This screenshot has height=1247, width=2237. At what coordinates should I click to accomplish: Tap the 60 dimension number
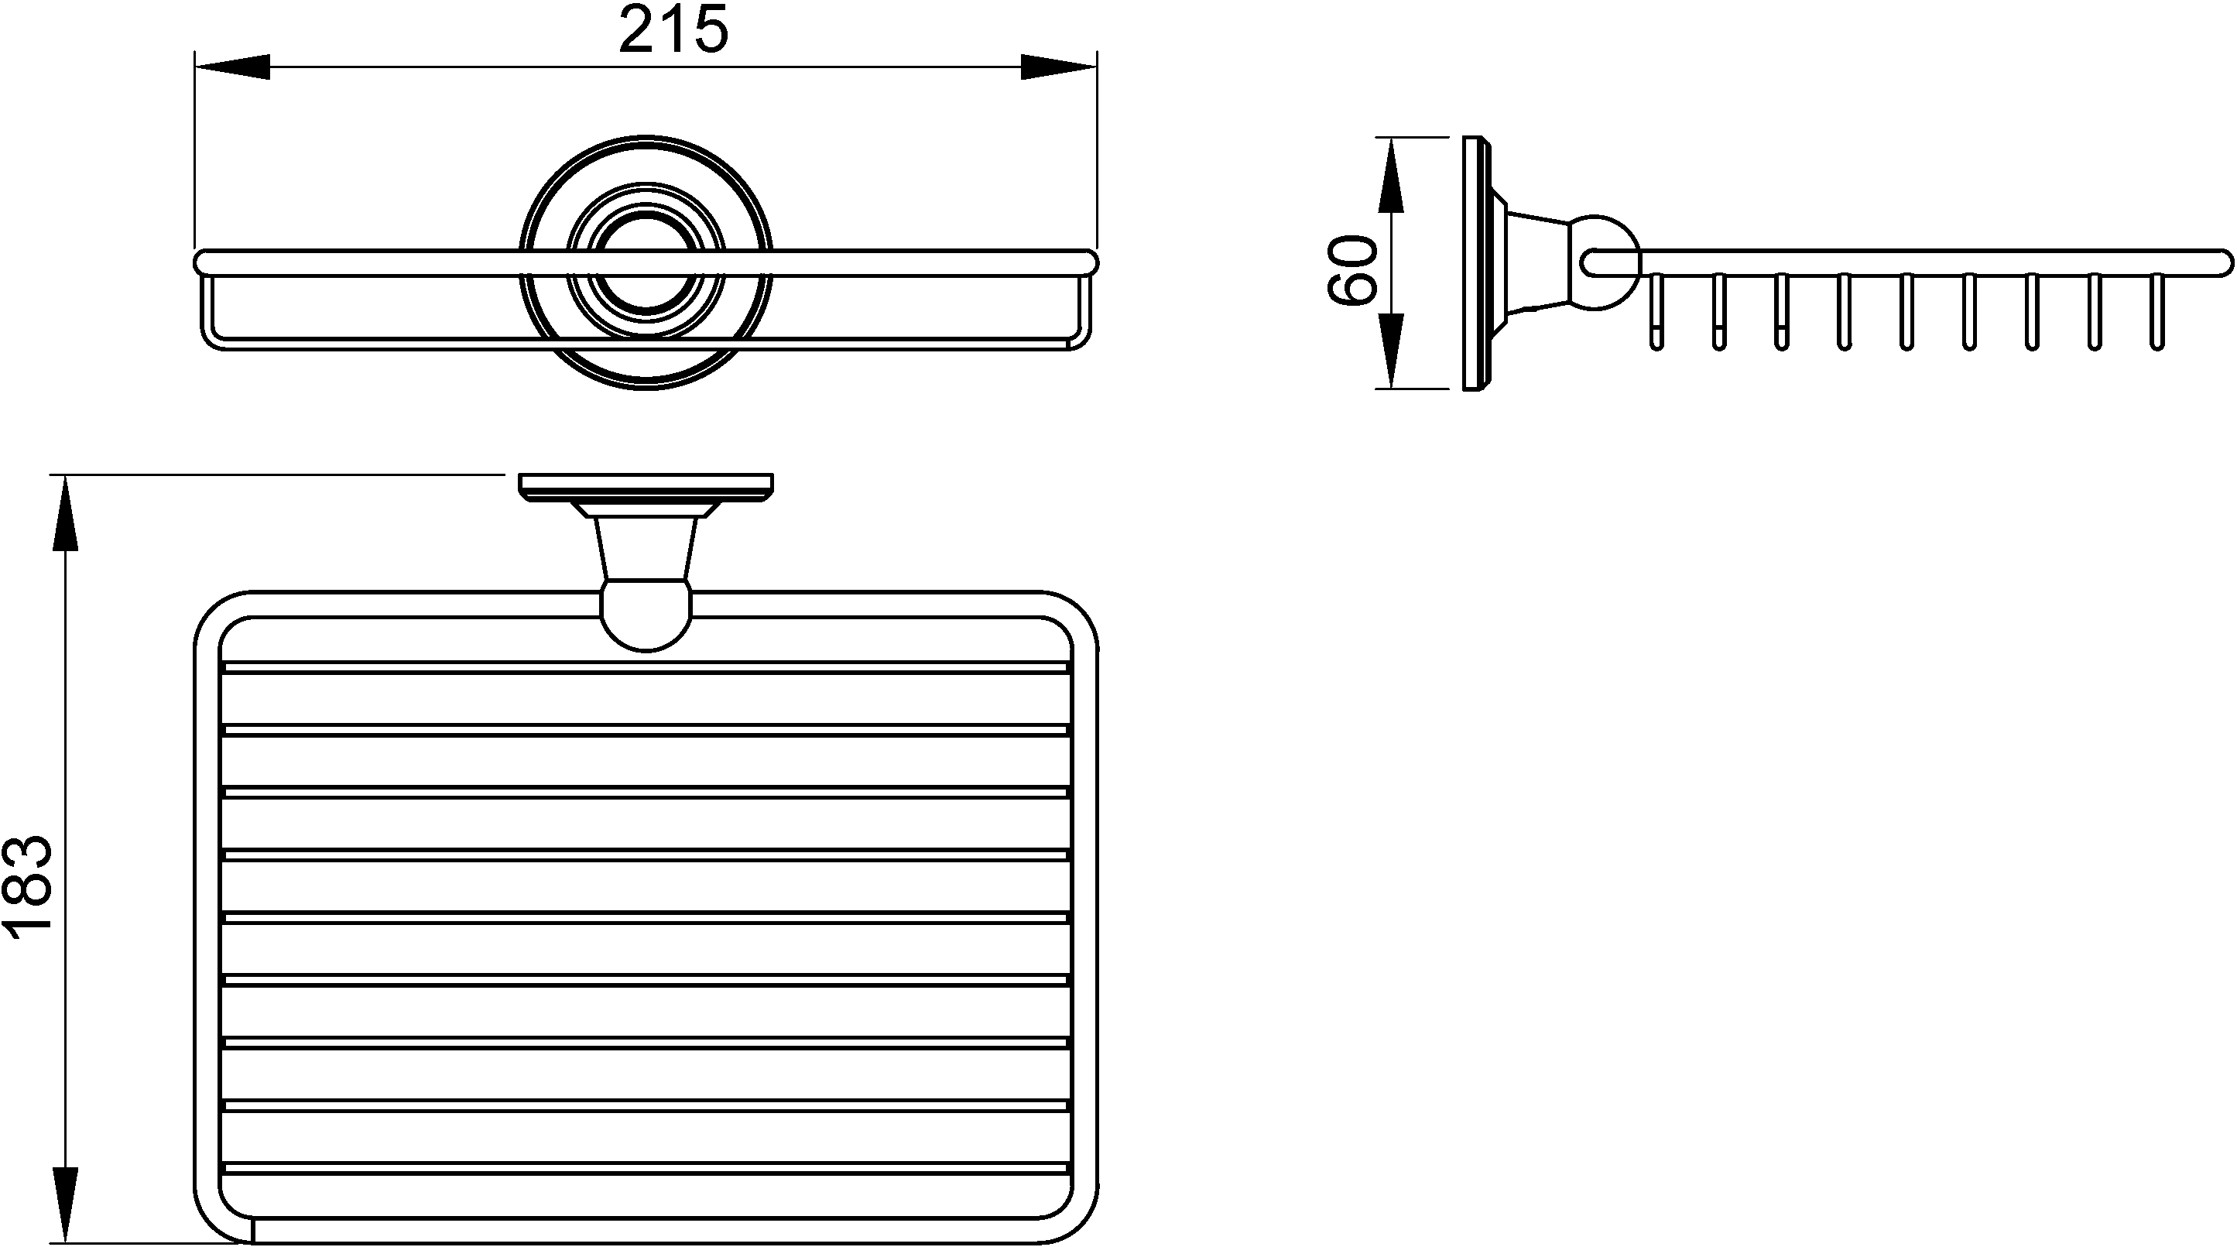coord(1352,270)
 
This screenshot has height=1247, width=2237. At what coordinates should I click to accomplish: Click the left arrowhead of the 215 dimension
coord(233,67)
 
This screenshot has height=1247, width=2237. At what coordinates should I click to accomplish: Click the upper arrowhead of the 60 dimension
coord(1391,174)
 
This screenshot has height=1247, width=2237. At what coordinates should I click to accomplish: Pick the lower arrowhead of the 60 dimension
coord(1391,351)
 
